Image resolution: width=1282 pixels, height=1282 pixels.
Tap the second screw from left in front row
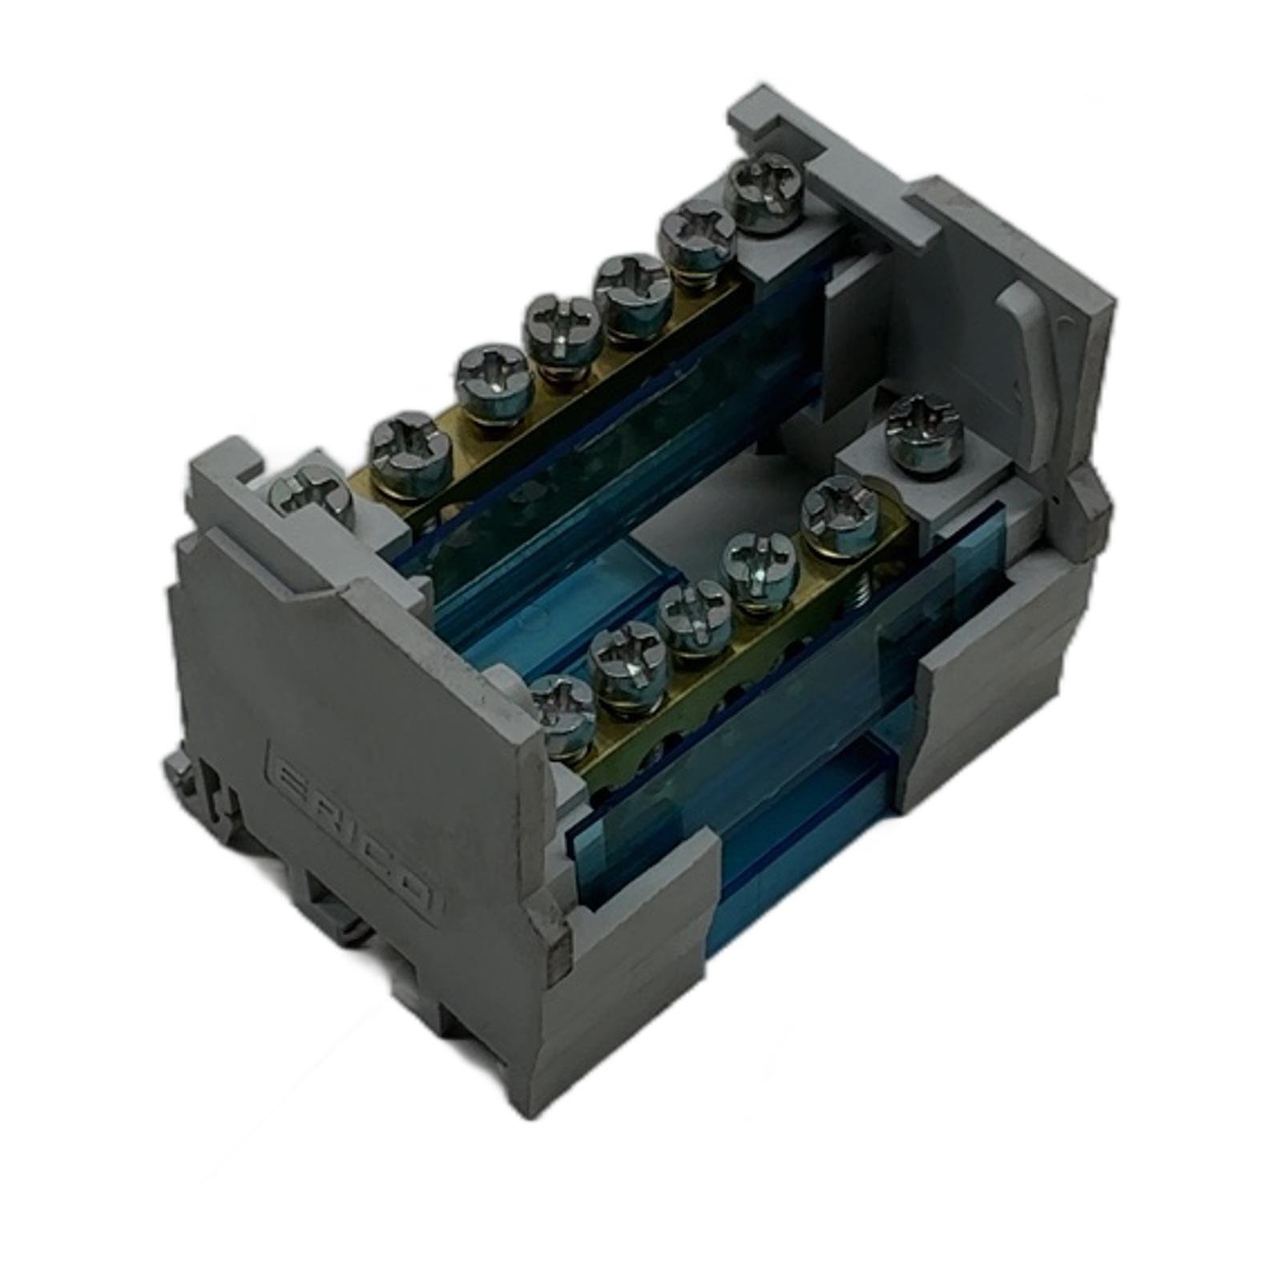631,664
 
